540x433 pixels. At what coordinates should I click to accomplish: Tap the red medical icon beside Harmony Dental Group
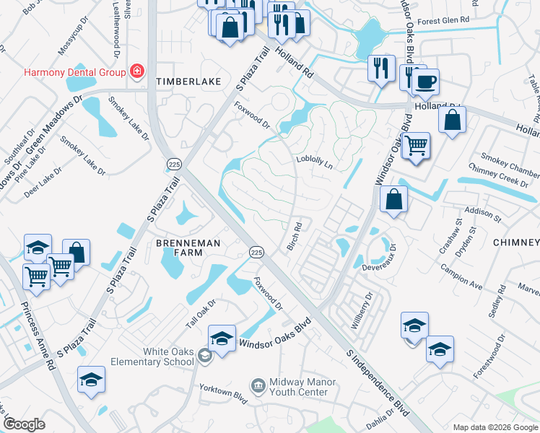tap(136, 71)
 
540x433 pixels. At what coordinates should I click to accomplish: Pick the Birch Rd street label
tap(293, 237)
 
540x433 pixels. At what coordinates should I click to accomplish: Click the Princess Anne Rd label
tap(39, 336)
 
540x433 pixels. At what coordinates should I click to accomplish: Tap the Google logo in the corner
tap(24, 424)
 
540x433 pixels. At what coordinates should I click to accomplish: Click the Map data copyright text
tap(495, 427)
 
